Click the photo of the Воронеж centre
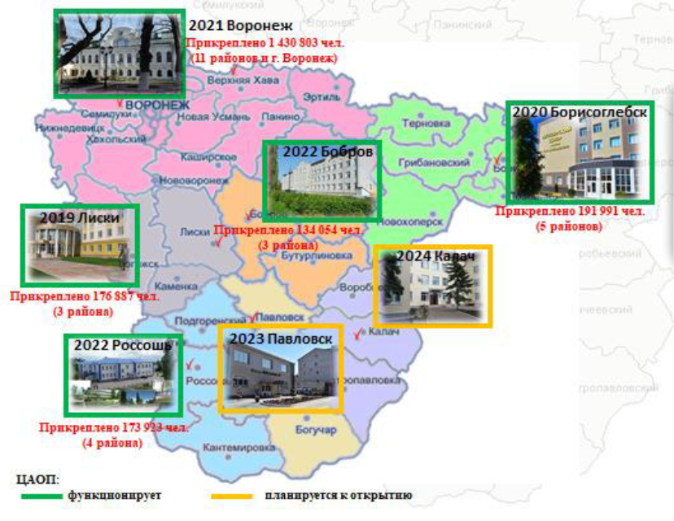pyautogui.click(x=119, y=55)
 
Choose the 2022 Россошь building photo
pyautogui.click(x=123, y=376)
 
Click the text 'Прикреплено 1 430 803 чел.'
pyautogui.click(x=265, y=43)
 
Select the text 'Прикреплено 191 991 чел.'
pyautogui.click(x=570, y=212)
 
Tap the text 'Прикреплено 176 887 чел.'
pyautogui.click(x=85, y=296)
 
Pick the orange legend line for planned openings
pyautogui.click(x=232, y=495)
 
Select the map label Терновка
pyautogui.click(x=426, y=124)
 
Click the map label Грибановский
pyautogui.click(x=435, y=163)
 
